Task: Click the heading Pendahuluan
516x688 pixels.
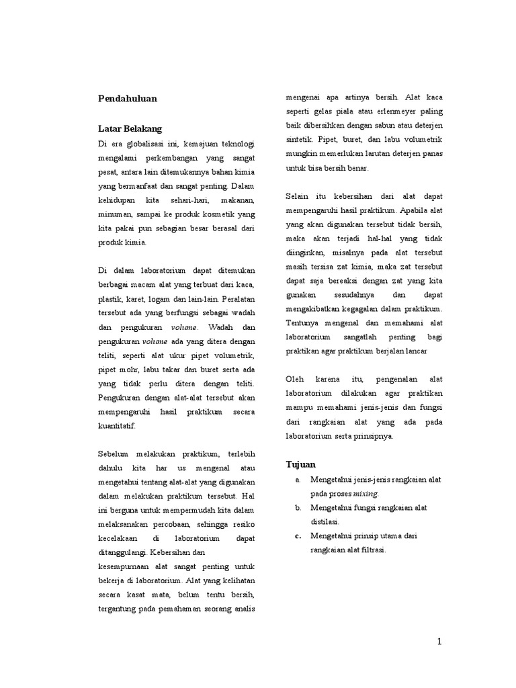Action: click(127, 98)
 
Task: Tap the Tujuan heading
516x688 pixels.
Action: click(300, 464)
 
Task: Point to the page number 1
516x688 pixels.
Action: click(439, 642)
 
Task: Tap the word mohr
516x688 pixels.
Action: click(129, 369)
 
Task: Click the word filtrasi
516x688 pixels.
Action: click(376, 549)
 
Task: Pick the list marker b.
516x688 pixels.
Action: click(297, 507)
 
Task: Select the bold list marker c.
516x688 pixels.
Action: click(297, 535)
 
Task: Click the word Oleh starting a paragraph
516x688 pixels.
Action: click(296, 379)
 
